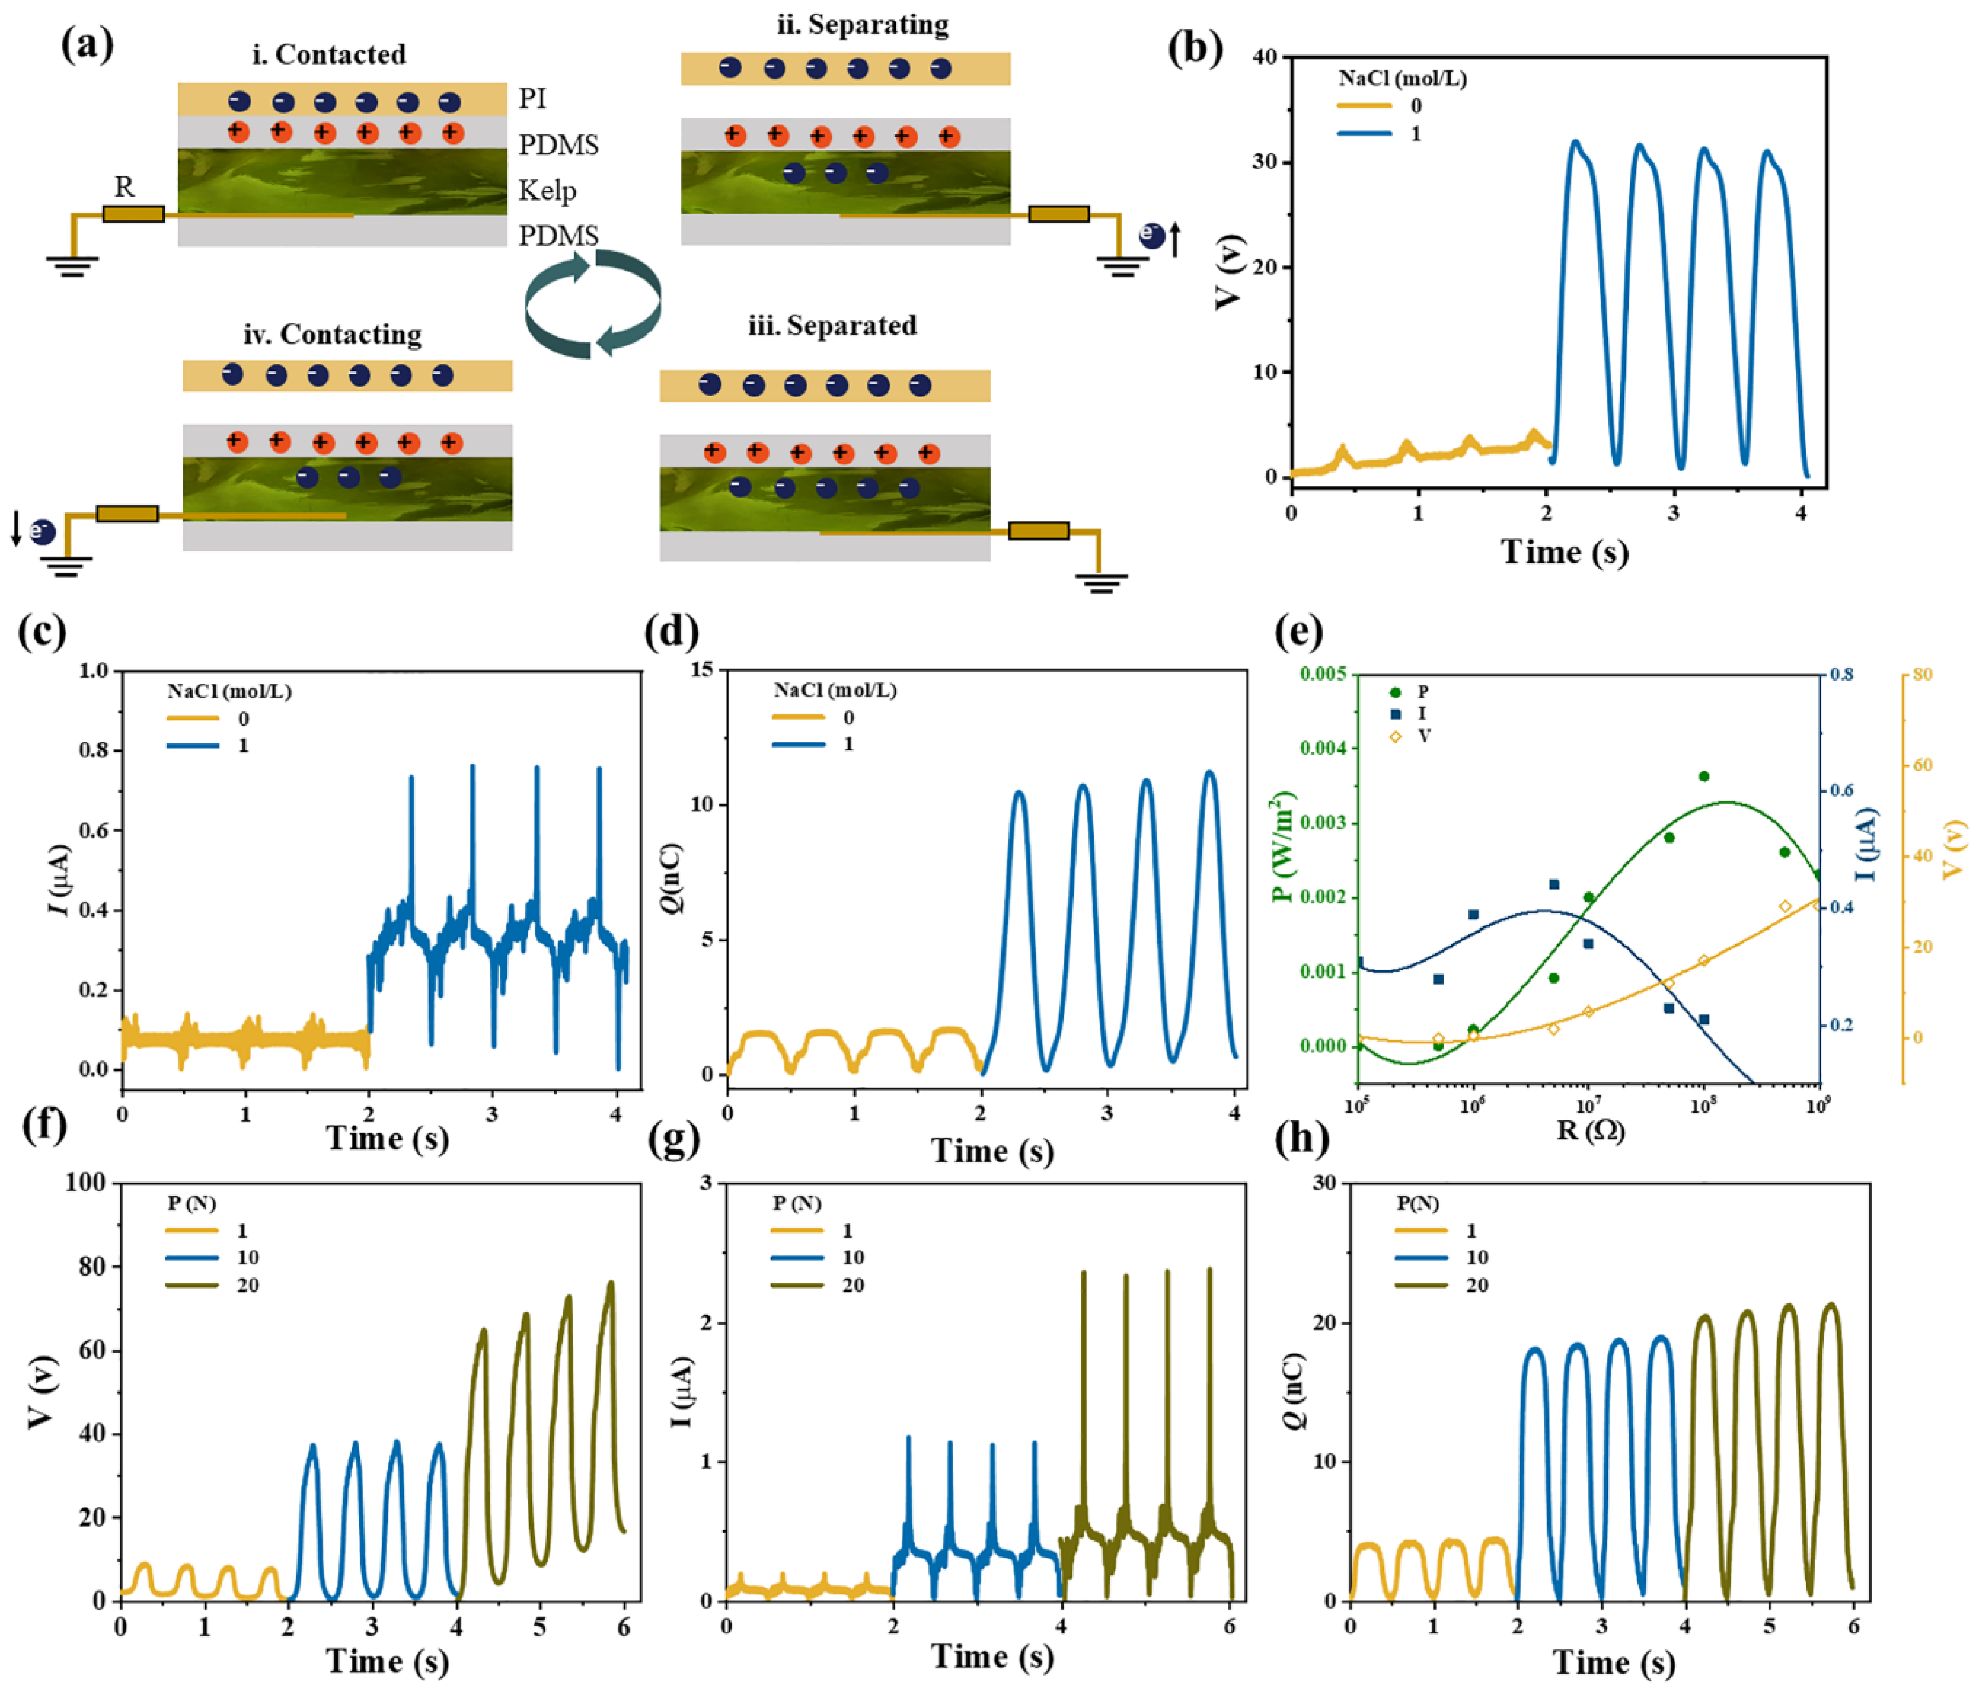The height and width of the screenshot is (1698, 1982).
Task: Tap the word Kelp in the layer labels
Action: pos(547,191)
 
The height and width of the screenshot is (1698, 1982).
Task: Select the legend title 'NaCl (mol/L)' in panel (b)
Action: pos(1402,79)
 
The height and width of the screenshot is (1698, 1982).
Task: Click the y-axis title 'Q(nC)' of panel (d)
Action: pos(673,877)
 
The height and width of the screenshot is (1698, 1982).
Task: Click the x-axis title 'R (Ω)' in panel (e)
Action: pos(1590,1131)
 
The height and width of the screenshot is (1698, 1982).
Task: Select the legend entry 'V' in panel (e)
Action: pos(1424,735)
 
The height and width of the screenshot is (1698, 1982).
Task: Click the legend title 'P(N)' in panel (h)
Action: pos(1417,1204)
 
